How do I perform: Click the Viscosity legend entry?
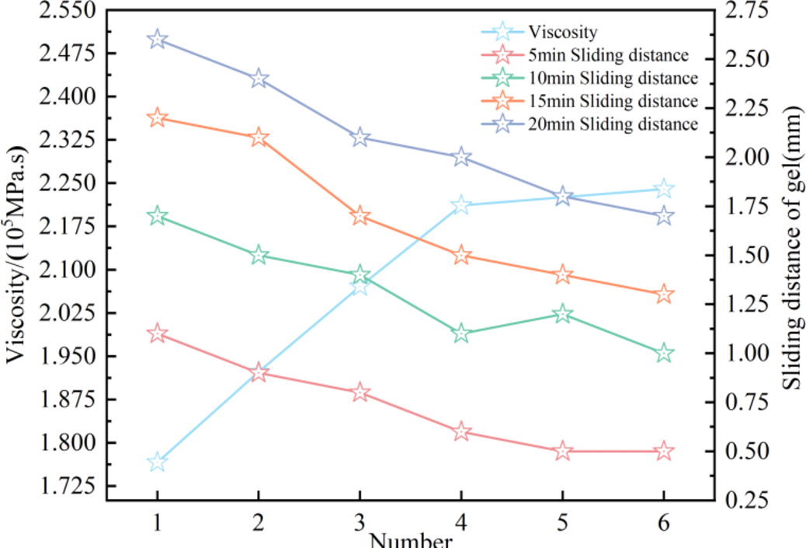pos(563,32)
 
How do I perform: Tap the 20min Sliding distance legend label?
pos(613,124)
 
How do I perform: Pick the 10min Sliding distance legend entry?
pos(613,78)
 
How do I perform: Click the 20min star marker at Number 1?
pos(158,40)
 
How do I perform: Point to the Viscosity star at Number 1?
pos(158,462)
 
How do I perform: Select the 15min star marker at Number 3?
pos(360,216)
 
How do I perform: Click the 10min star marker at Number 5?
pos(562,314)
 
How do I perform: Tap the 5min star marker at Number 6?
pos(664,452)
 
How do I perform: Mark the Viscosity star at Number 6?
pos(664,189)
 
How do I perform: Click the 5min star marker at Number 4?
pos(461,431)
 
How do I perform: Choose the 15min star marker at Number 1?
pos(158,118)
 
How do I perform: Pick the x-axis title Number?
pos(411,540)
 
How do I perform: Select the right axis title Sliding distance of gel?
pos(791,257)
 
